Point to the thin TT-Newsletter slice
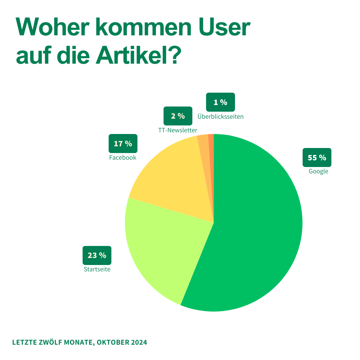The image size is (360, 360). (x=205, y=161)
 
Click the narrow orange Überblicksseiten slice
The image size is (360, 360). (x=212, y=161)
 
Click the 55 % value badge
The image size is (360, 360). (x=317, y=157)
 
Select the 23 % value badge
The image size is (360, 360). (x=97, y=255)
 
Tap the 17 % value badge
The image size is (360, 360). (x=123, y=143)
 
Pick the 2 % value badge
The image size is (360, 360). (x=178, y=116)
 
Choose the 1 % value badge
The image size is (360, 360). (x=220, y=102)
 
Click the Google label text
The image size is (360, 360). (x=318, y=172)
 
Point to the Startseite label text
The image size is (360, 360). (x=97, y=269)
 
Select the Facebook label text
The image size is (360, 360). (x=123, y=157)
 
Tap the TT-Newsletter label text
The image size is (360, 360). (x=178, y=130)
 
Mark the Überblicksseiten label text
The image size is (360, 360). (x=220, y=116)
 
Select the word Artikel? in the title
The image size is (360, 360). (x=138, y=55)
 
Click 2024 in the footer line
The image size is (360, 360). (x=139, y=342)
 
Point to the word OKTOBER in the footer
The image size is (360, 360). (x=113, y=342)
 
